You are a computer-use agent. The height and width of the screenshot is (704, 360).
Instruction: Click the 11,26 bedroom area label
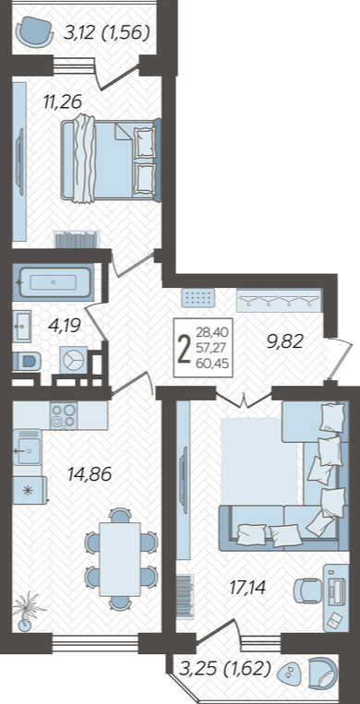(63, 101)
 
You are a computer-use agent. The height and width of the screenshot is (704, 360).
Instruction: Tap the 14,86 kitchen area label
(89, 473)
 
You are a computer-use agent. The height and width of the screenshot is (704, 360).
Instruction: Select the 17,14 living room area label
(245, 587)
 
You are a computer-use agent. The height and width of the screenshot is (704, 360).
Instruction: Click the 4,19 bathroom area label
(65, 325)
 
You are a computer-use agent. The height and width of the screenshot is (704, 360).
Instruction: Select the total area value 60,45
(212, 364)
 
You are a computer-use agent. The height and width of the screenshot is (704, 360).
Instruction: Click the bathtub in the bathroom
(53, 283)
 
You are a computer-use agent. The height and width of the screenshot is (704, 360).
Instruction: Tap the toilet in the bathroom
(26, 361)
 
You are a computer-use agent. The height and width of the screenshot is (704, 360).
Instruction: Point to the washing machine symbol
(72, 360)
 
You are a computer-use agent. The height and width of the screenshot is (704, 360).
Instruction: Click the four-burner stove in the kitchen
(64, 416)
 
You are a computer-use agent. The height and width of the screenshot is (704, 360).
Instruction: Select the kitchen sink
(27, 447)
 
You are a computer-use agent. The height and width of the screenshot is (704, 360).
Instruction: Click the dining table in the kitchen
(120, 558)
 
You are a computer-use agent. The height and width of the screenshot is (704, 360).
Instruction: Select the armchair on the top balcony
(34, 30)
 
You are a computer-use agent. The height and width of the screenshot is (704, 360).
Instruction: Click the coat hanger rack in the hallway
(279, 301)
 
